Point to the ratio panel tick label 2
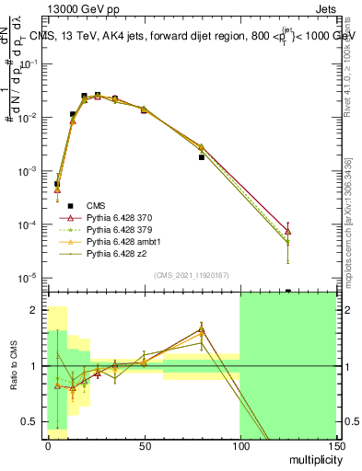(x=35, y=310)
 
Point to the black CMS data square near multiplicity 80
(x=201, y=157)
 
